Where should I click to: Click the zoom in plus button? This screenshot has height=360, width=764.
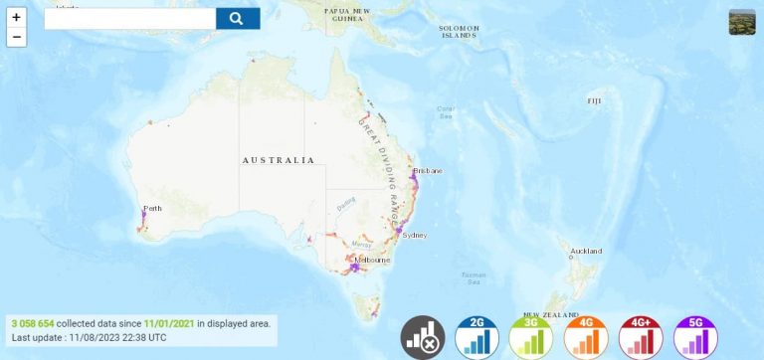[16, 18]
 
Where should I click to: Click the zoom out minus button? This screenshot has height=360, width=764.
[16, 37]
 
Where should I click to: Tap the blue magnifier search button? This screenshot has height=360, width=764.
[237, 18]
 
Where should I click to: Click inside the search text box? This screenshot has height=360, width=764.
[129, 18]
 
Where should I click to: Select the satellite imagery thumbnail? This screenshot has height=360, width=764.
[742, 22]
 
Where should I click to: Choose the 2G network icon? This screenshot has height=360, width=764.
[477, 337]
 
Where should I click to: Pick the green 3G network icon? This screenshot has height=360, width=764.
[530, 337]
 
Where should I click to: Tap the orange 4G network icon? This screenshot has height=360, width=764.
[585, 337]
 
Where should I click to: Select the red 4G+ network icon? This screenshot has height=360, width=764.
[641, 337]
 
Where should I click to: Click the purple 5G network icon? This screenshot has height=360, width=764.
[695, 337]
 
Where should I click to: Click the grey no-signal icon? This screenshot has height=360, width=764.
[422, 337]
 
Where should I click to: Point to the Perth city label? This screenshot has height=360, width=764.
[152, 208]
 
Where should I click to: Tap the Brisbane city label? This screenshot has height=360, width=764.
[431, 171]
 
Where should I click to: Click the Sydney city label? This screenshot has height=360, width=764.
[415, 236]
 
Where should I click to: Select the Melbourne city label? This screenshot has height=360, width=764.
[372, 261]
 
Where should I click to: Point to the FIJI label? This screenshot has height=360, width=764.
[594, 100]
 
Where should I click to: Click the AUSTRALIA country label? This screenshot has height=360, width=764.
[278, 160]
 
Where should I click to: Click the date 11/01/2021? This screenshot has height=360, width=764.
[169, 323]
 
